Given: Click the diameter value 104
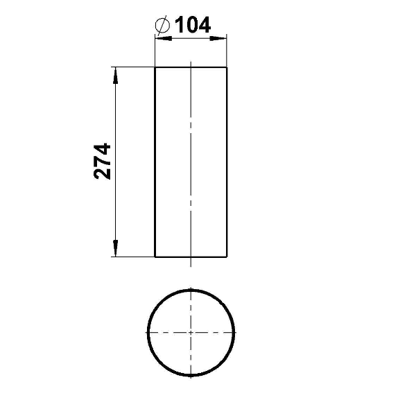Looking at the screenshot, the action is (x=193, y=25).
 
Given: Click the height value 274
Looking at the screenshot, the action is (x=102, y=162).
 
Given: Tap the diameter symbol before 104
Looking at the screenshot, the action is (x=162, y=25).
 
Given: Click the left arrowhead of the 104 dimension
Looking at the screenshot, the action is (x=164, y=38).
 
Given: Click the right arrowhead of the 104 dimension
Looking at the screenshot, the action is (x=218, y=38).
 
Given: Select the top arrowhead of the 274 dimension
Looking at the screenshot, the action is (x=115, y=76).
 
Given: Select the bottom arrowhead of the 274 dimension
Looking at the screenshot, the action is (x=115, y=248).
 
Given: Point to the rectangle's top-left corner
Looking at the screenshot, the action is (x=155, y=67).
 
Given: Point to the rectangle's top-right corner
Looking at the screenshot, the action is (x=227, y=67).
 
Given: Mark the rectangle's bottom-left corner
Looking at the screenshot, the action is (x=155, y=257).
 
